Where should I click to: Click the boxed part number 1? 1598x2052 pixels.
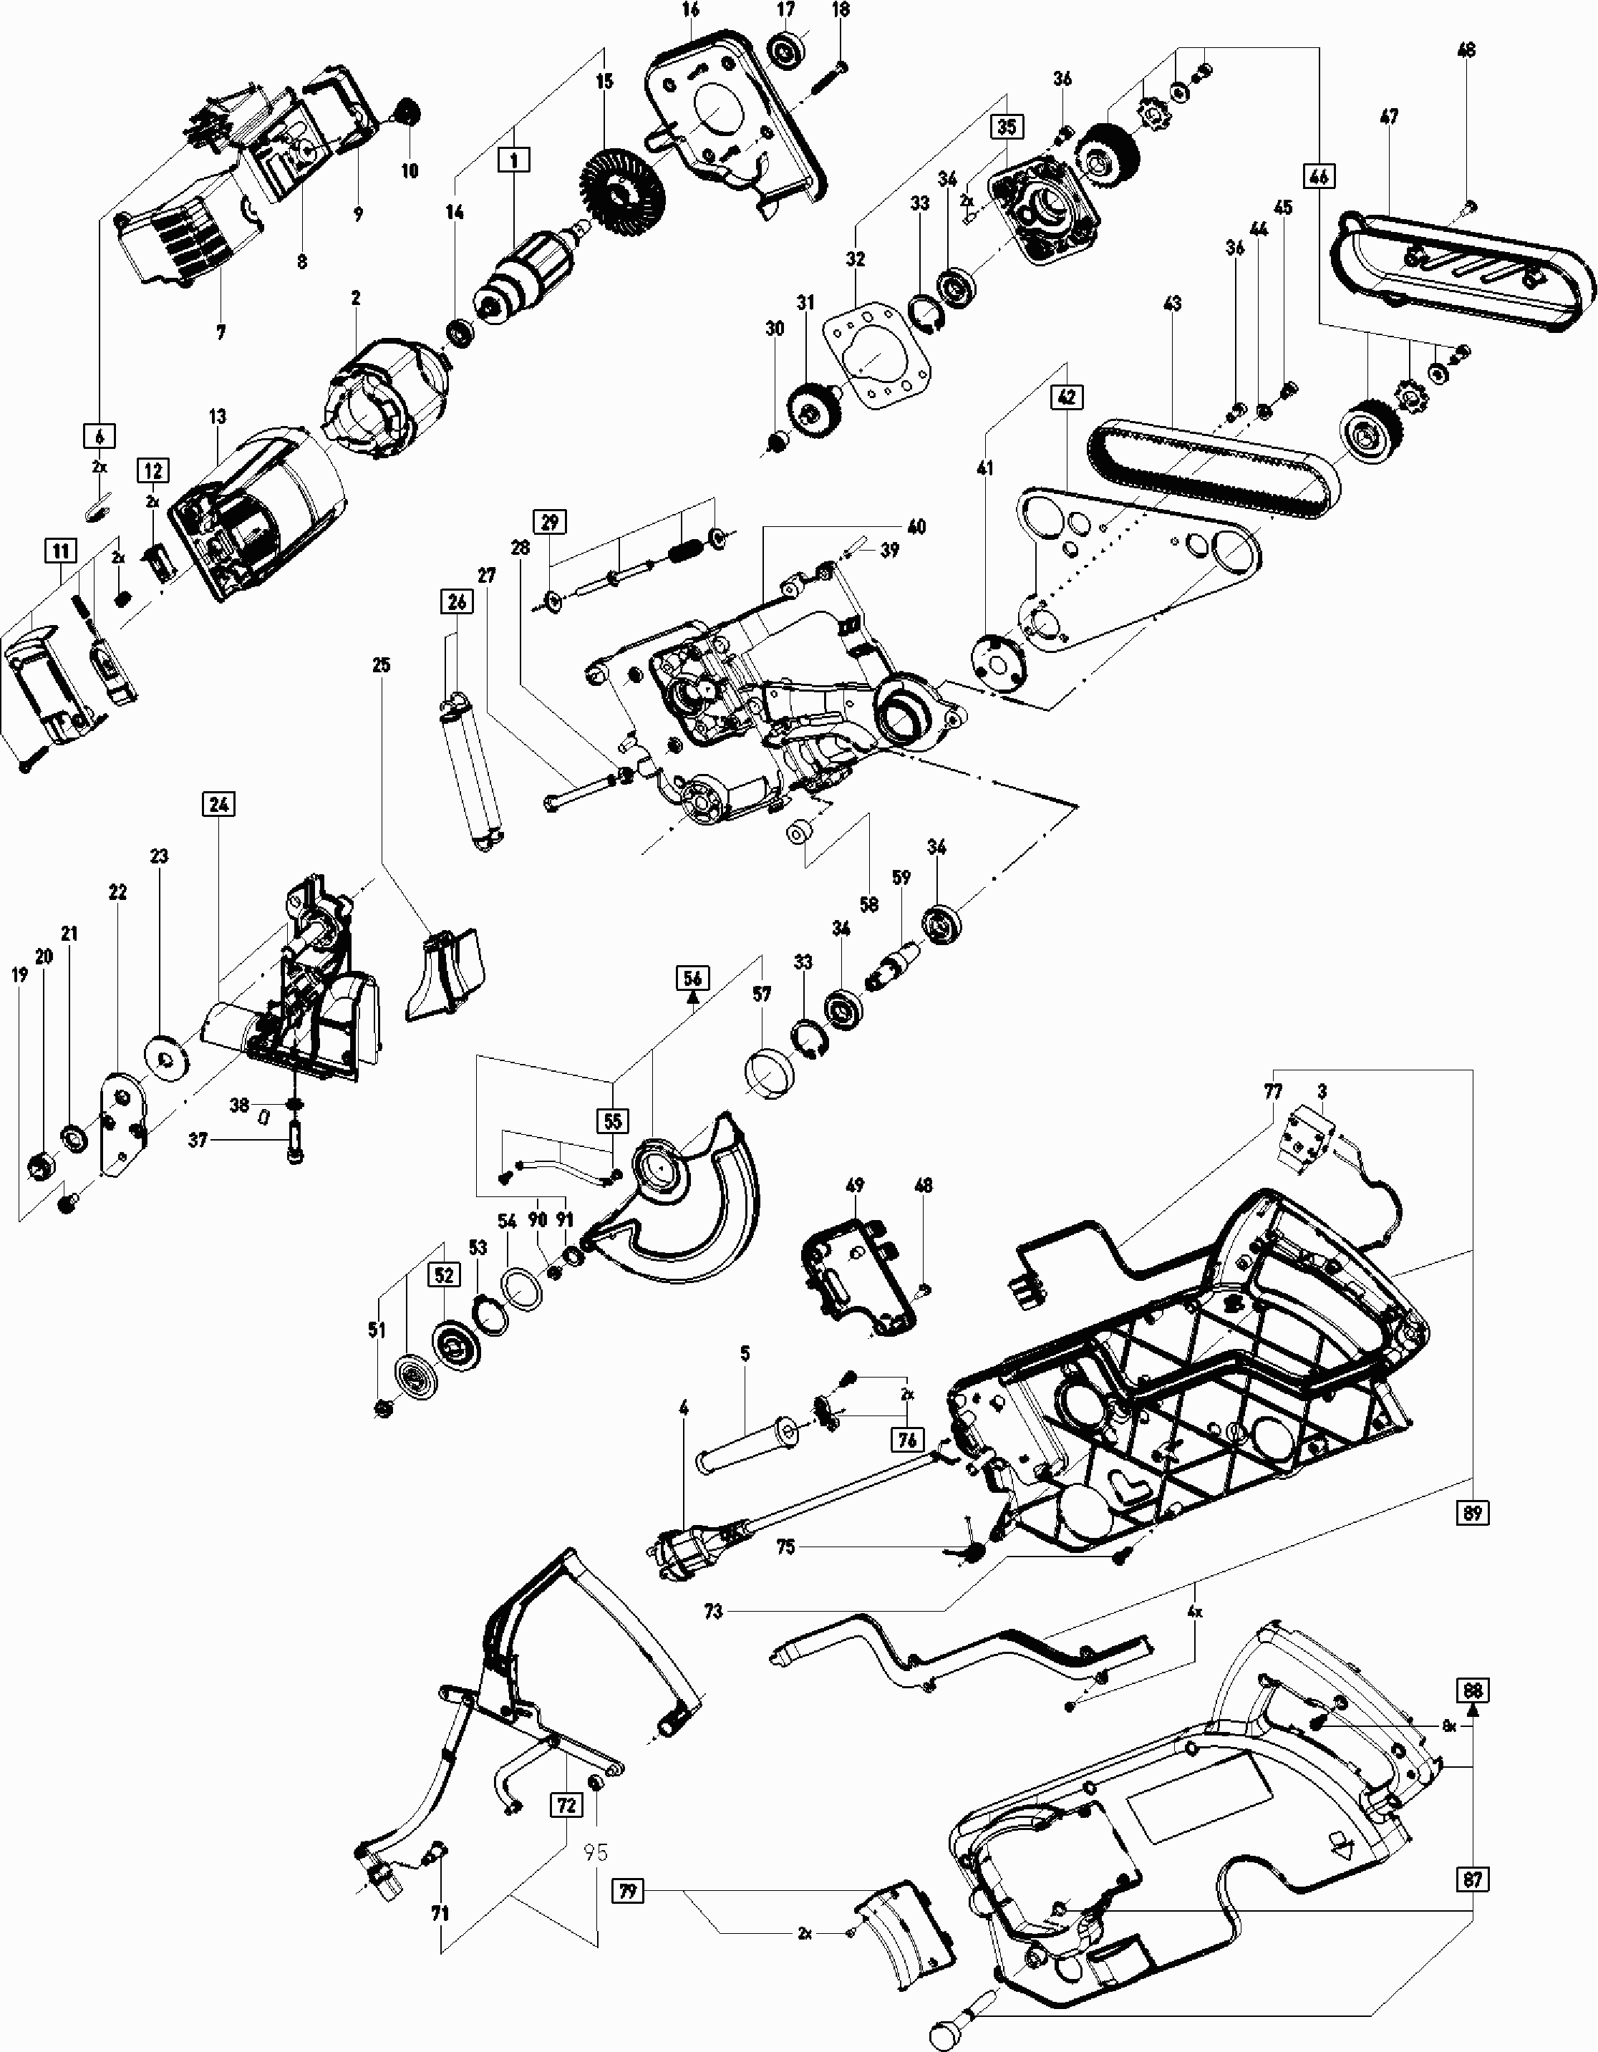click(514, 160)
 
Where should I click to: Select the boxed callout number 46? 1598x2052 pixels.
click(1318, 175)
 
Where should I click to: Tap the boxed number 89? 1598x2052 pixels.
click(1472, 1513)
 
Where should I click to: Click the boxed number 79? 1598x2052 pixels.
click(628, 1892)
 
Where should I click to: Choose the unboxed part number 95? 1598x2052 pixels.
click(596, 1852)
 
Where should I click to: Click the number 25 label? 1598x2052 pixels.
click(380, 665)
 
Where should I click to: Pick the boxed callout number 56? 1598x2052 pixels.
click(692, 978)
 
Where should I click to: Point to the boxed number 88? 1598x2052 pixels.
click(1472, 1690)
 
